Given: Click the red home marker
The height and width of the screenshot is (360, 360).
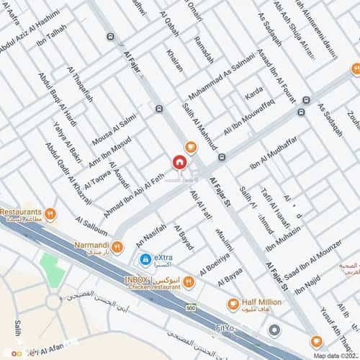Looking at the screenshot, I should click(x=178, y=161).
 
